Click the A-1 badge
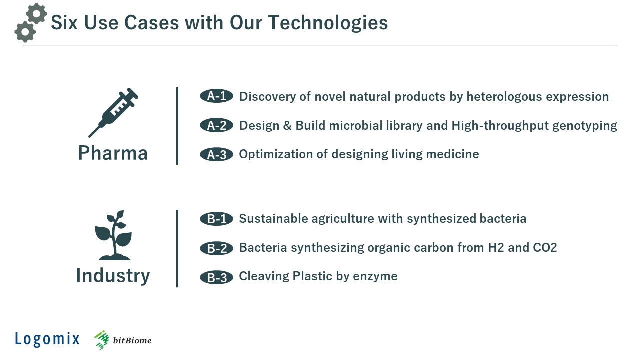pos(216,96)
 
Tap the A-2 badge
pos(216,125)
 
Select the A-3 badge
pos(216,154)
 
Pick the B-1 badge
pos(216,219)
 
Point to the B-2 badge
pos(216,248)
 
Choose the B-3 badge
pos(216,277)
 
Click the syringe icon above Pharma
pos(113,112)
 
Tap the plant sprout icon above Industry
pos(113,235)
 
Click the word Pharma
pos(113,153)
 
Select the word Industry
pos(113,276)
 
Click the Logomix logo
pos(47,339)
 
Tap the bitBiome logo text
pos(132,340)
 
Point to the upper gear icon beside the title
pos(36,13)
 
